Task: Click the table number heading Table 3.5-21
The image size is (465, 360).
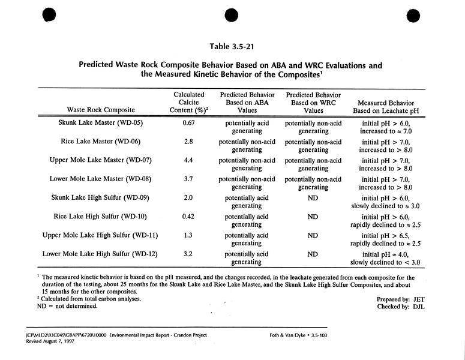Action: tap(232, 46)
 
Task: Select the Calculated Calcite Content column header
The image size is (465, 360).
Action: tap(189, 102)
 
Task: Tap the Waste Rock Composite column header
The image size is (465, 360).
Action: tap(101, 110)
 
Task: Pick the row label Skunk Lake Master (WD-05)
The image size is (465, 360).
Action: tap(101, 123)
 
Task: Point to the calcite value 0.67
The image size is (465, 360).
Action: tap(189, 123)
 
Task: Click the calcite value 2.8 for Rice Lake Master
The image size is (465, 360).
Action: tap(189, 142)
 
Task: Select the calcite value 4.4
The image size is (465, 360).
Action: tap(189, 160)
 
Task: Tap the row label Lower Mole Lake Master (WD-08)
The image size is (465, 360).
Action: tap(101, 179)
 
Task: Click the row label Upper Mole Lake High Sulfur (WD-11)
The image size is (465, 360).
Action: tap(101, 235)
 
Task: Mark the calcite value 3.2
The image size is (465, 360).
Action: tap(189, 254)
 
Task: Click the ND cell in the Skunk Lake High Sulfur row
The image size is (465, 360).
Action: tap(313, 198)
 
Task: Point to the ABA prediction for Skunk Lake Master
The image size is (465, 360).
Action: tap(247, 127)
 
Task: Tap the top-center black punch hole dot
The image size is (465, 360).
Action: tap(232, 16)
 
